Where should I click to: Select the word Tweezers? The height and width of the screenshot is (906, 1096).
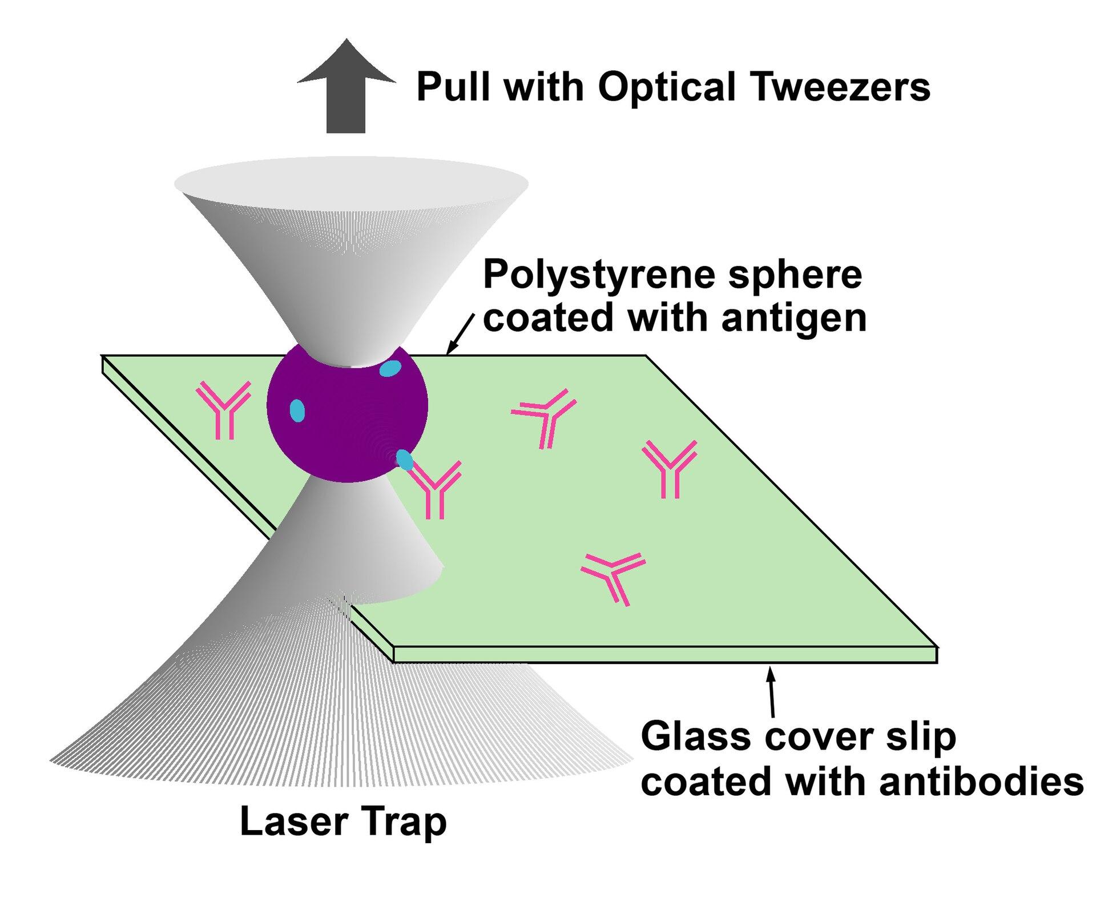(x=842, y=87)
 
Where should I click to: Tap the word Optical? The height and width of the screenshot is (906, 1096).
(x=666, y=88)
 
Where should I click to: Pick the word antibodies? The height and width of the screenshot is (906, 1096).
(x=981, y=781)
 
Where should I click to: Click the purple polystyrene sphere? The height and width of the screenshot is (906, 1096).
(x=347, y=412)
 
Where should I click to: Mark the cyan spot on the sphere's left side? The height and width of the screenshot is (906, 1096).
(x=297, y=410)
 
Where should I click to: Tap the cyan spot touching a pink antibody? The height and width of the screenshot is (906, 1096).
(x=405, y=460)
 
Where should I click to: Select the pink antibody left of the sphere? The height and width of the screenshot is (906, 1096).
(x=224, y=410)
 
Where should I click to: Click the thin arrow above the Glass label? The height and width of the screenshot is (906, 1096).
(x=772, y=692)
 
